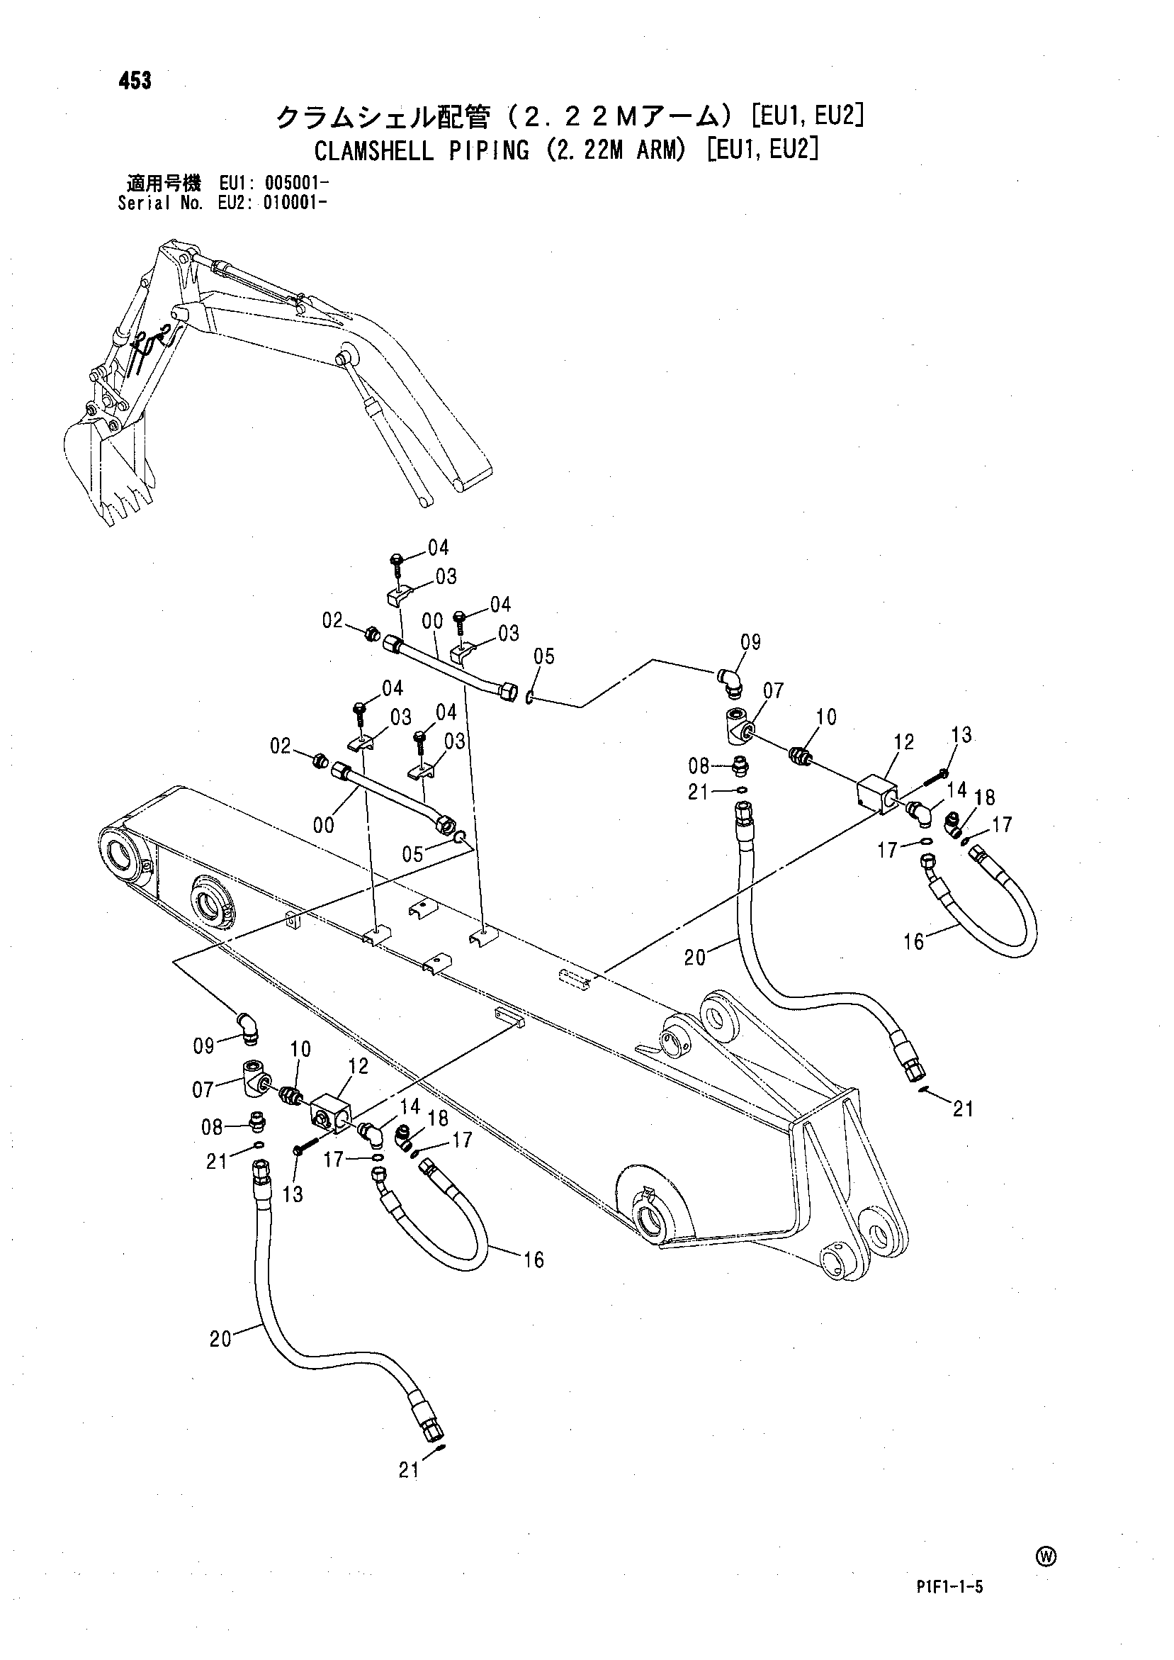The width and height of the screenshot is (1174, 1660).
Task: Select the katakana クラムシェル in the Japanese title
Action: point(349,116)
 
